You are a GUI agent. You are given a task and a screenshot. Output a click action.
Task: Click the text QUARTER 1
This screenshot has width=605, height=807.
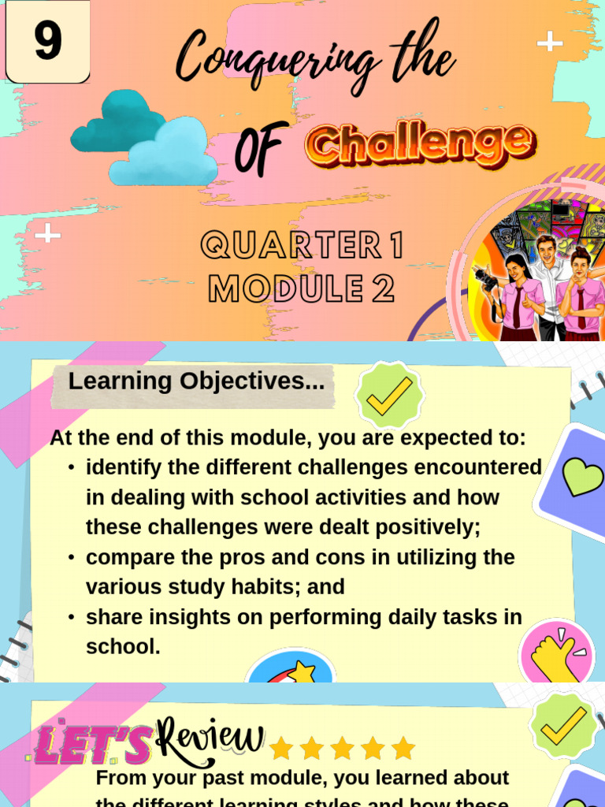tap(302, 246)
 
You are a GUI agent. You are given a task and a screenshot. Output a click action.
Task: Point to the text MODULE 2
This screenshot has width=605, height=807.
tap(301, 289)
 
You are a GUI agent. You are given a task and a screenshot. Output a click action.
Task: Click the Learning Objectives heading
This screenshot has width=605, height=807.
tap(196, 381)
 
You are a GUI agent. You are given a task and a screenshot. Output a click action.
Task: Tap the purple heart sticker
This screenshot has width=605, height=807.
tap(579, 477)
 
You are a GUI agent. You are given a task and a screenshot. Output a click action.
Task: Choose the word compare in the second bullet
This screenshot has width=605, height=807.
tap(127, 557)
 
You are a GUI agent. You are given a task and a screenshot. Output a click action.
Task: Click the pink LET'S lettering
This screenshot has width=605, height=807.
tap(93, 746)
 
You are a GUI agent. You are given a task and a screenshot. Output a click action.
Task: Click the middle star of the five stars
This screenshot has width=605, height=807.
tap(343, 748)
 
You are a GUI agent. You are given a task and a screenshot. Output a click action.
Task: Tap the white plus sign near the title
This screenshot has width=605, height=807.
tap(550, 42)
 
